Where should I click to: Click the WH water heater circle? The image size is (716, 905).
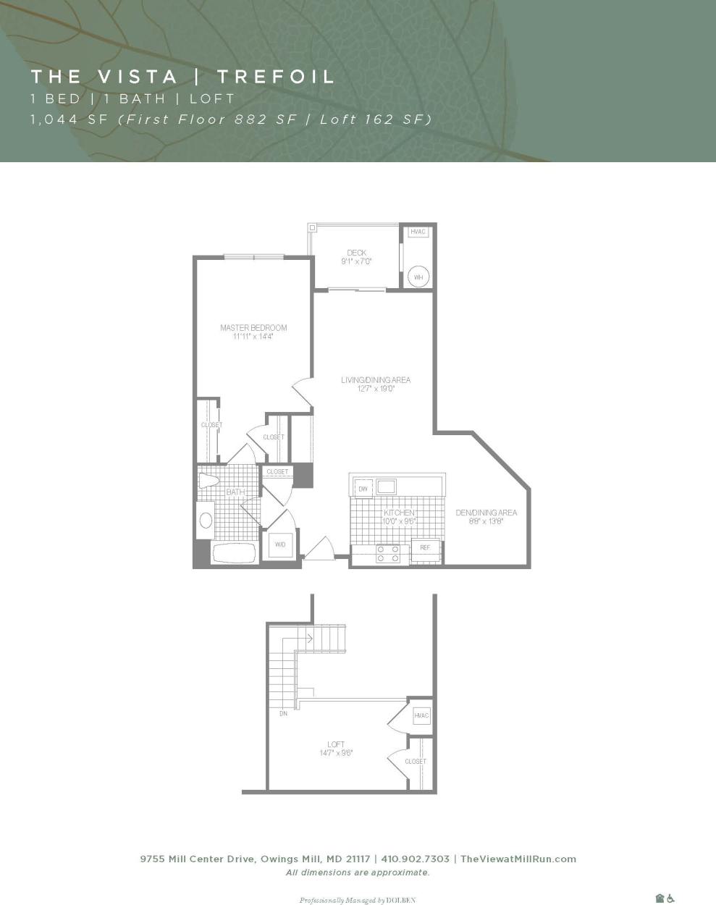[418, 277]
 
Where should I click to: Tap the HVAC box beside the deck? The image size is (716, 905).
[418, 232]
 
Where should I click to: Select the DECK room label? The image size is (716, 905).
[356, 253]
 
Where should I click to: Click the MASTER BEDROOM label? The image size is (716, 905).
[253, 328]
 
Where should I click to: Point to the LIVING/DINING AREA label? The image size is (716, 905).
[376, 380]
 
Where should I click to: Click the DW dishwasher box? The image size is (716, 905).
[363, 489]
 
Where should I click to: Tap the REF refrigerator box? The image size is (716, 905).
[425, 548]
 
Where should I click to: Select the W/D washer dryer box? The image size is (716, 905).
[280, 545]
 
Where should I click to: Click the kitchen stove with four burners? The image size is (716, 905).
[388, 554]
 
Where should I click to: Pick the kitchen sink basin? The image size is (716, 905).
[386, 486]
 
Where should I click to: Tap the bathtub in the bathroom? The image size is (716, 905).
[234, 554]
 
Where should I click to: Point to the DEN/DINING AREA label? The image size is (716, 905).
[486, 513]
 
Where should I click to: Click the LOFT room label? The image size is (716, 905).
[336, 744]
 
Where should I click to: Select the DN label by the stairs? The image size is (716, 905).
[283, 714]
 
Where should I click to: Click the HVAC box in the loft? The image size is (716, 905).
[421, 715]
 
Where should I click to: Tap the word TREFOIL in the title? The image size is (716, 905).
[276, 77]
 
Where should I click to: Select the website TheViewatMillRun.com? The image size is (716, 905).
[518, 859]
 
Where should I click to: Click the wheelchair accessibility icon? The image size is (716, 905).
[671, 898]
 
